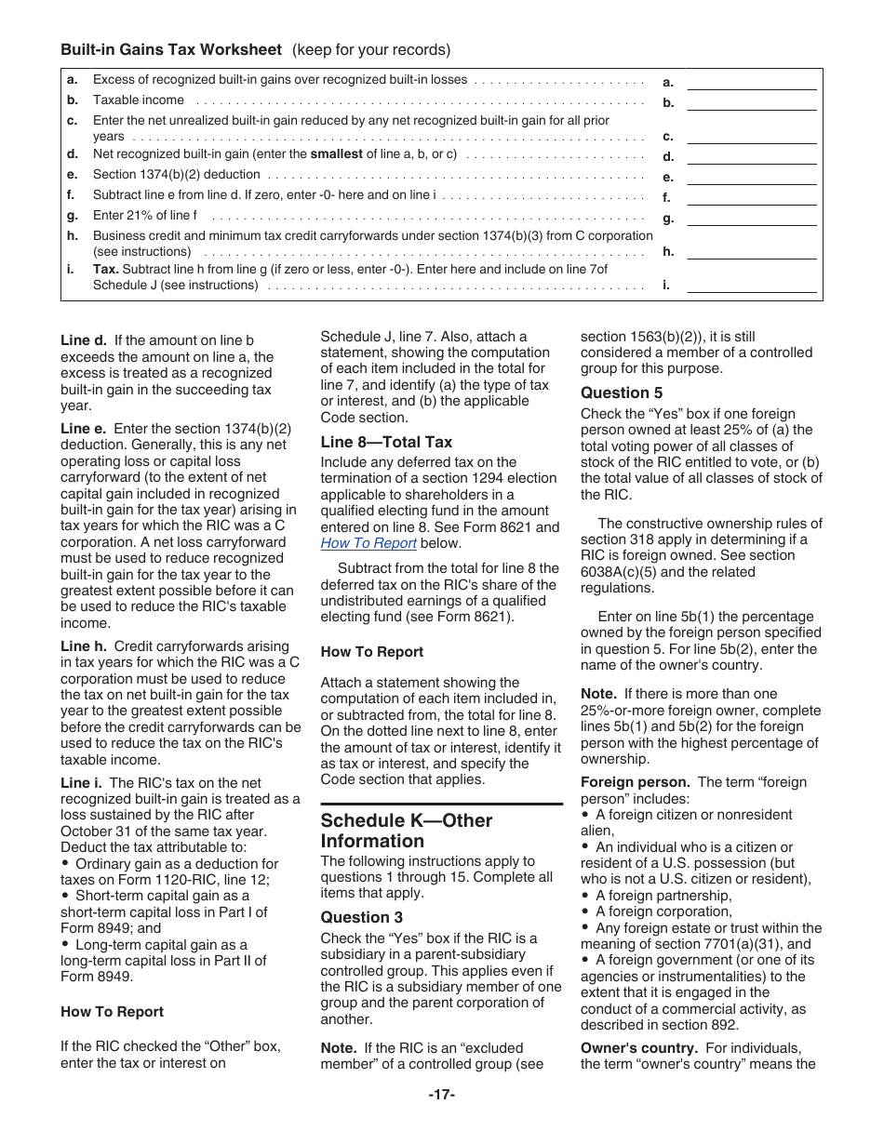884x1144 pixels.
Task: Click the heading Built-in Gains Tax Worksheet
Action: point(171,49)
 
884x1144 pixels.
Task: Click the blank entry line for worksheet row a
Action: point(751,83)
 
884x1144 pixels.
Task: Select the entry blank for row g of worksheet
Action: point(751,219)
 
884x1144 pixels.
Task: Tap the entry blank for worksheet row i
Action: point(751,286)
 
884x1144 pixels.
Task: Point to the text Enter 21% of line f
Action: point(144,216)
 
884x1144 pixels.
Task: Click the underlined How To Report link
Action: point(368,543)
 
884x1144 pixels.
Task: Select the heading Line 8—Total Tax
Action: point(386,442)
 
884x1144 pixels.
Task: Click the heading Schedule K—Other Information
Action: point(406,831)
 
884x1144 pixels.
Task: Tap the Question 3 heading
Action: point(362,917)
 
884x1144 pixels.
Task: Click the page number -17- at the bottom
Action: point(442,1095)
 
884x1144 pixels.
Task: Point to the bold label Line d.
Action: point(84,340)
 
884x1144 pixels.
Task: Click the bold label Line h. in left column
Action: point(84,646)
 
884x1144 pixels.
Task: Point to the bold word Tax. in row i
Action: point(105,269)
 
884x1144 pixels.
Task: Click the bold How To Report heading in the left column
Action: point(112,1012)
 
